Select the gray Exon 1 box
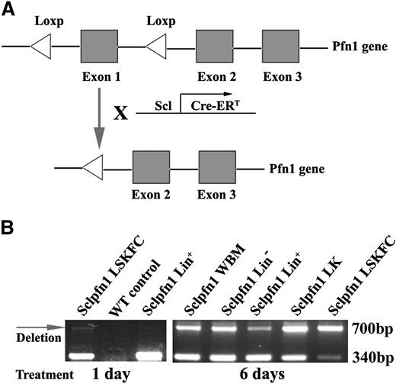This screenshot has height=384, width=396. [99, 48]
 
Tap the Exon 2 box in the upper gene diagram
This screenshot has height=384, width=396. [214, 48]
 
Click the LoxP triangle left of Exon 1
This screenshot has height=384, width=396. [40, 48]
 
